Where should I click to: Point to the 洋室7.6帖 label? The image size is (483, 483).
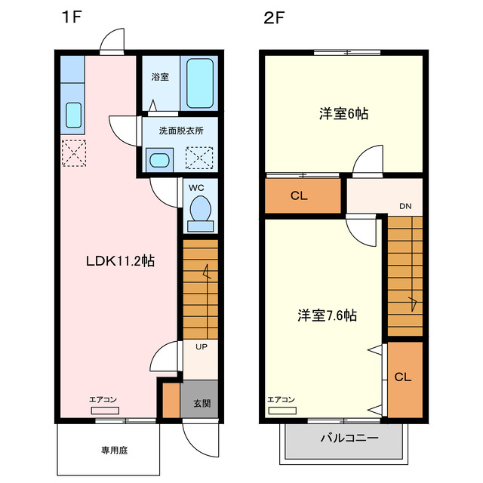326,315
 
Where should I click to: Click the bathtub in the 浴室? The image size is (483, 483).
200,83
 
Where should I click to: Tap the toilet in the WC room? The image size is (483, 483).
200,208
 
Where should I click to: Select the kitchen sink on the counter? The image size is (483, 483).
73,115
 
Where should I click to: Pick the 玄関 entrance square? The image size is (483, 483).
201,403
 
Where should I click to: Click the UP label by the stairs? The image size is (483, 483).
202,347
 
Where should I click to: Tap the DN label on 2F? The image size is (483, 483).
405,205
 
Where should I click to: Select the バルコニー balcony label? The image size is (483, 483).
349,438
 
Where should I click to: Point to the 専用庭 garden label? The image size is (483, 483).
109,450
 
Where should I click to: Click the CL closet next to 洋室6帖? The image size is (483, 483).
300,196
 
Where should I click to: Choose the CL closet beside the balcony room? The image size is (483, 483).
403,377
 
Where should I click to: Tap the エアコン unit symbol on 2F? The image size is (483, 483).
281,411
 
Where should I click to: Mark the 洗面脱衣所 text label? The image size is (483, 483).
180,131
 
